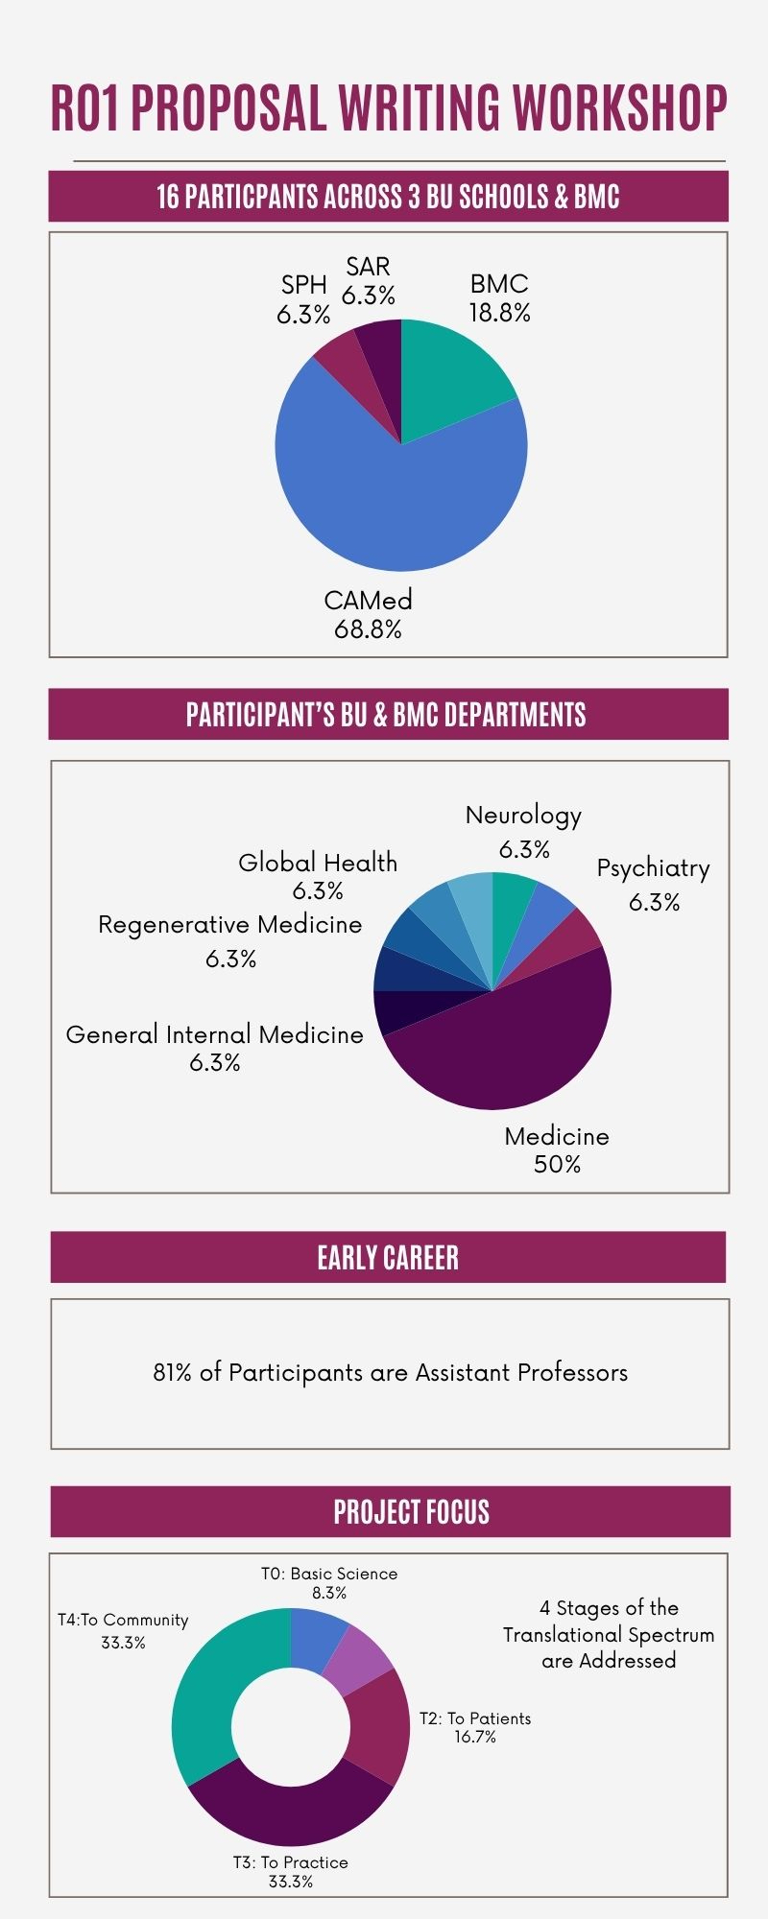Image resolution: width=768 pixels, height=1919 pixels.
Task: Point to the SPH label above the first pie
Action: pyautogui.click(x=303, y=285)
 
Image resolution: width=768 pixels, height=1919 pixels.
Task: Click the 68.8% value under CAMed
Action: pyautogui.click(x=368, y=629)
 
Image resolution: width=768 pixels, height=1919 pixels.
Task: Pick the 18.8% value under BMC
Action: pyautogui.click(x=499, y=313)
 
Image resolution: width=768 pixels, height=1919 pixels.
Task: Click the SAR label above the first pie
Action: pyautogui.click(x=369, y=266)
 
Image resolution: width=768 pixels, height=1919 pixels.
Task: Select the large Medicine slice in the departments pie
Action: pyautogui.click(x=509, y=1036)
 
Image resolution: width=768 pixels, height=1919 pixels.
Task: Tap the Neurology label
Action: pyautogui.click(x=523, y=816)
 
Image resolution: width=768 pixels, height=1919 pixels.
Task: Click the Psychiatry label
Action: pyautogui.click(x=653, y=868)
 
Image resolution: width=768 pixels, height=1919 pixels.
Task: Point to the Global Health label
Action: pyautogui.click(x=318, y=863)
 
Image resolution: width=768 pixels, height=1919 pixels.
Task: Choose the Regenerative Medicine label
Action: pyautogui.click(x=230, y=925)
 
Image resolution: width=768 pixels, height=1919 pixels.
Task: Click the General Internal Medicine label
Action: pyautogui.click(x=214, y=1034)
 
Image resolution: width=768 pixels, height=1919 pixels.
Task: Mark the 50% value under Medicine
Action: pyautogui.click(x=557, y=1164)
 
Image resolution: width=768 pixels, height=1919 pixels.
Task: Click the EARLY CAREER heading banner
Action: pyautogui.click(x=388, y=1257)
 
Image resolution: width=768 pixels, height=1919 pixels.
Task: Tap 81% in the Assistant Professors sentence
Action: pyautogui.click(x=172, y=1373)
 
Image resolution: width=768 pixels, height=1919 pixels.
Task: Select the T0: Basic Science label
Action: pyautogui.click(x=329, y=1574)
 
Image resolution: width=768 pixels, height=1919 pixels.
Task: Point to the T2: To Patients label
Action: pyautogui.click(x=475, y=1718)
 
